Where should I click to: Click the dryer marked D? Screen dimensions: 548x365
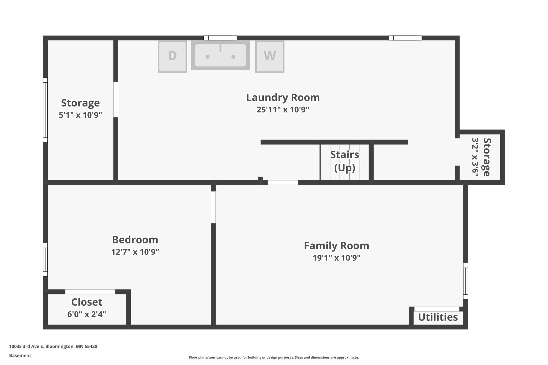(x=172, y=56)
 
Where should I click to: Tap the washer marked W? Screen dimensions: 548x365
(x=270, y=56)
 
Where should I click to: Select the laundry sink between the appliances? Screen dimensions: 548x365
(x=220, y=55)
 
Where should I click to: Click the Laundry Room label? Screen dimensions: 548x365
(x=283, y=98)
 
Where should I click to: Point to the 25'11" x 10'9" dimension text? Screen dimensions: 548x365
(x=283, y=110)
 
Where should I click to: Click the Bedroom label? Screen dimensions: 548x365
(x=135, y=240)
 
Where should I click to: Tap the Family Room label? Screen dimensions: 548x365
(x=336, y=246)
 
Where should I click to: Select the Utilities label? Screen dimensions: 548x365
(x=438, y=317)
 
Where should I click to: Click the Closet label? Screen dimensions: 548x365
(x=87, y=302)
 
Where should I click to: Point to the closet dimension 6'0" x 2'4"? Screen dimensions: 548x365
(x=87, y=314)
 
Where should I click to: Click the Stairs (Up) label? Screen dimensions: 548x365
(x=345, y=161)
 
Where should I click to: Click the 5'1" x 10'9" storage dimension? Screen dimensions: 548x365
(x=80, y=115)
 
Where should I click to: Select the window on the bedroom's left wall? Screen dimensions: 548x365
(x=45, y=260)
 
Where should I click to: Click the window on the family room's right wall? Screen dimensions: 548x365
(x=466, y=281)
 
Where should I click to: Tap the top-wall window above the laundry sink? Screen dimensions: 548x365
(x=220, y=38)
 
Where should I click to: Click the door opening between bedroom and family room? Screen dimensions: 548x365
(x=213, y=207)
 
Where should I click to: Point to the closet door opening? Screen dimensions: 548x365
(x=90, y=292)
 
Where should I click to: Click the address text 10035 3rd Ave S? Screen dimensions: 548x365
(x=26, y=346)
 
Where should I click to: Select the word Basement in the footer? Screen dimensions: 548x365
(x=20, y=356)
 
